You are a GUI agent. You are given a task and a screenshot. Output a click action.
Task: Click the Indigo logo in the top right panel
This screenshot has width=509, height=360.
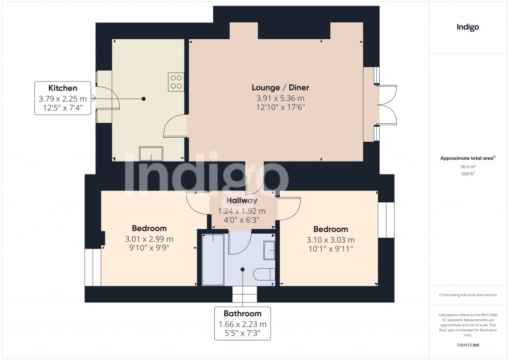pos(467,28)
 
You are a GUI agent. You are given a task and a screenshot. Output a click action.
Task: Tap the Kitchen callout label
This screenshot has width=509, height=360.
pos(63,88)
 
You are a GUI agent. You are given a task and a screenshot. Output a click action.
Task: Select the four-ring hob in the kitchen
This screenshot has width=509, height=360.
pos(176,82)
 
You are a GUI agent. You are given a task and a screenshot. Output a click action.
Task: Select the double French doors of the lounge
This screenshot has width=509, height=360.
pos(387,105)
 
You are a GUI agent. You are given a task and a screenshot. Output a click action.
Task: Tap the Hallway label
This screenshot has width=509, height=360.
pos(242,201)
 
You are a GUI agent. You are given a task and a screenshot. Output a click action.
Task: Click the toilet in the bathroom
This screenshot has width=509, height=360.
pos(263,274)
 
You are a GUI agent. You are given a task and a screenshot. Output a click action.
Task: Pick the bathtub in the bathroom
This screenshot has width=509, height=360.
pos(212,260)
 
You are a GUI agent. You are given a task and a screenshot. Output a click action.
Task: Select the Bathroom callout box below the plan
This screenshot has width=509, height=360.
pos(243,323)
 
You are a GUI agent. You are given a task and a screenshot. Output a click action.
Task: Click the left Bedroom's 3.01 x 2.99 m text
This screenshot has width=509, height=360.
pos(149,239)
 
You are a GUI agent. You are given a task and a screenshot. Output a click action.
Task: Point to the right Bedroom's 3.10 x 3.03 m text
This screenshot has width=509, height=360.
pos(331,240)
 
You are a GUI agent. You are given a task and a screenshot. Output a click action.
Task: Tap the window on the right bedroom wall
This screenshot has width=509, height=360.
pos(386,220)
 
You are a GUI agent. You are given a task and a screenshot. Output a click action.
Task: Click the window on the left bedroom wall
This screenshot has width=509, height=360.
pos(93,268)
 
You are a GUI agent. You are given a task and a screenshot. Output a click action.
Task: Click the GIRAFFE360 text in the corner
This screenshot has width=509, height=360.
pos(468,345)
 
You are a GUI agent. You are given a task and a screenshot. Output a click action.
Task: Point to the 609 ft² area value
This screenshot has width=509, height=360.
pos(468,175)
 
